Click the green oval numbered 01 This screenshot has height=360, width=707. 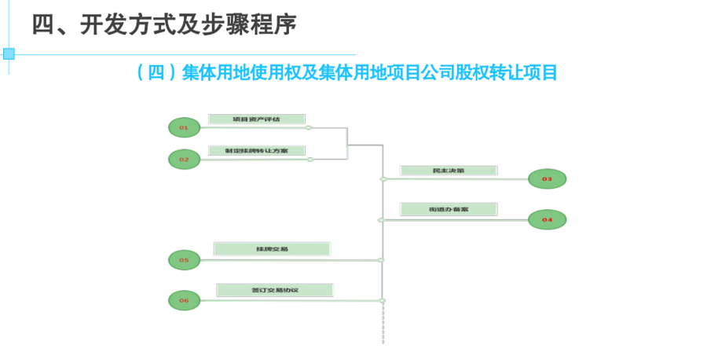point(184,127)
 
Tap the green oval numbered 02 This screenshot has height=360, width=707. point(184,159)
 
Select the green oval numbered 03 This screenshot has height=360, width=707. point(547,179)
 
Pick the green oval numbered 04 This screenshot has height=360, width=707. point(547,219)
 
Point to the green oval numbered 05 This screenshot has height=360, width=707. point(184,259)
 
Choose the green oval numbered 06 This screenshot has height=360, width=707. point(184,299)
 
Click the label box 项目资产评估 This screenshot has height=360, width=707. point(256,119)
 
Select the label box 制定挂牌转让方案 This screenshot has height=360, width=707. point(256,150)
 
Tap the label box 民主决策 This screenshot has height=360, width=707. point(449,171)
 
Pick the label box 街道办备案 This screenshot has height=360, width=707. point(449,210)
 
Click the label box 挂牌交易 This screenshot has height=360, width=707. point(272,249)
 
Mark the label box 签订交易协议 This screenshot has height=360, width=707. point(275,290)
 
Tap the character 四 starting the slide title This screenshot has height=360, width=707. point(43,24)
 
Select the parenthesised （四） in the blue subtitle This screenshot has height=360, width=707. point(155,73)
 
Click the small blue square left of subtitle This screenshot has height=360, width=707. point(9,53)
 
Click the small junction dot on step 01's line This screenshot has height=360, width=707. point(309,127)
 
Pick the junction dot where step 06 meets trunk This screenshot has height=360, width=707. point(383,300)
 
